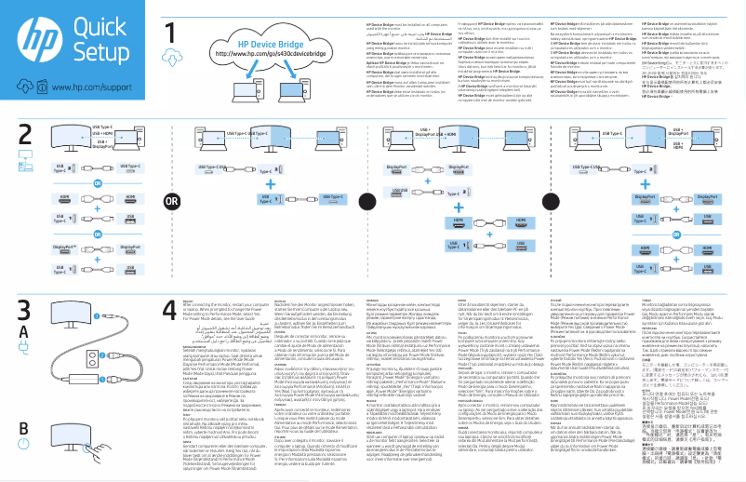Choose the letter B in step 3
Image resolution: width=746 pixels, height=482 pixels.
point(23,427)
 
